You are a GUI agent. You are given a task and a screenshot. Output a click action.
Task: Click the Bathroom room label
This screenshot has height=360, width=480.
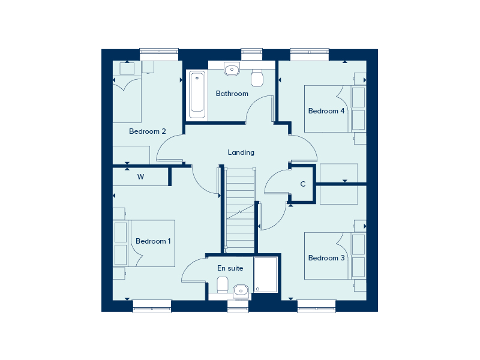click(232, 94)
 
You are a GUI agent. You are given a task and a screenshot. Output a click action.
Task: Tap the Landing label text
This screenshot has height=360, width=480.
click(241, 152)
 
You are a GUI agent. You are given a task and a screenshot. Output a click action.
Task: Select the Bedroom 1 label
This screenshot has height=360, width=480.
click(153, 241)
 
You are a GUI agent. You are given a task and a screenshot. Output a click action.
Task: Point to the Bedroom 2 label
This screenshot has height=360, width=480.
click(147, 131)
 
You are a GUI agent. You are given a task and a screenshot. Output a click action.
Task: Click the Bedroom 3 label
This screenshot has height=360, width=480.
click(326, 258)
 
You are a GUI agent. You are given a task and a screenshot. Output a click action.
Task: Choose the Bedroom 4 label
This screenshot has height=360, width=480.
click(326, 111)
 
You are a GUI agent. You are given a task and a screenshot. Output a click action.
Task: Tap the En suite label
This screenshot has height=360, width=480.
click(230, 268)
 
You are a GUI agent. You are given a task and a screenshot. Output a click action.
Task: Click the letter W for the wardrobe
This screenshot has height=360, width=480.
click(140, 176)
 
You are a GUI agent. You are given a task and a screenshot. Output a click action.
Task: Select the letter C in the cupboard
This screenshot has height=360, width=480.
click(303, 184)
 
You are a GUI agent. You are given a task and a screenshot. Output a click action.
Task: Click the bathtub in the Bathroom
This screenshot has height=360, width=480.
click(197, 95)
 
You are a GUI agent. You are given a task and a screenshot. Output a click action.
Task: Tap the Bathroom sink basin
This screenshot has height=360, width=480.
click(232, 69)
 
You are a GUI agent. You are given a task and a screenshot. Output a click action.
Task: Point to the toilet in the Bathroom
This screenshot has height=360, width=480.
click(257, 78)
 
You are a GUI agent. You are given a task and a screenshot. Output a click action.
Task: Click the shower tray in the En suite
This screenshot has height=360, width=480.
click(265, 275)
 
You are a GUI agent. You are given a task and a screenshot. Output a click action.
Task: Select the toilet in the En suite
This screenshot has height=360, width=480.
click(223, 284)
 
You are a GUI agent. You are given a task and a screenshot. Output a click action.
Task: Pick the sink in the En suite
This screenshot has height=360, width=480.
click(241, 291)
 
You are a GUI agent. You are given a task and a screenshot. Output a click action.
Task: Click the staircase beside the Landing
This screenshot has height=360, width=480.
click(239, 210)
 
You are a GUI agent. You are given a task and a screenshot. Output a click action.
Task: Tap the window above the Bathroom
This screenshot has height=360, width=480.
click(251, 54)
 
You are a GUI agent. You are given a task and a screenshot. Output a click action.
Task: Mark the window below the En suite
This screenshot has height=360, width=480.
click(238, 306)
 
